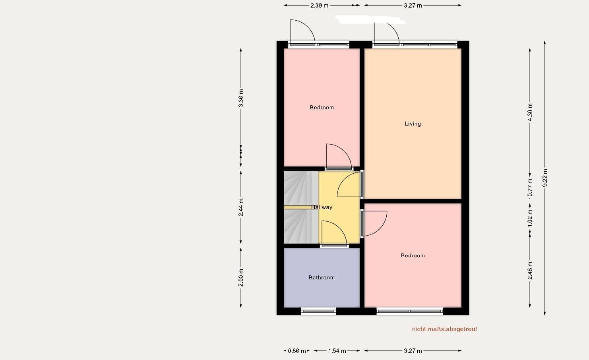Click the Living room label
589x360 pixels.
pyautogui.click(x=413, y=124)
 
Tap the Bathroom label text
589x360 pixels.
pyautogui.click(x=322, y=277)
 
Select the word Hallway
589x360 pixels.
pyautogui.click(x=322, y=207)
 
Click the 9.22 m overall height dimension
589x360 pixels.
pyautogui.click(x=545, y=178)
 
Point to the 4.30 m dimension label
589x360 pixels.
pyautogui.click(x=530, y=112)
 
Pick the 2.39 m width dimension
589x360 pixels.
pyautogui.click(x=320, y=6)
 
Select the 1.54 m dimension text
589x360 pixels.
pyautogui.click(x=337, y=350)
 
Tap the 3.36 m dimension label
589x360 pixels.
pyautogui.click(x=241, y=98)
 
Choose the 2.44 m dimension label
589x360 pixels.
pyautogui.click(x=241, y=207)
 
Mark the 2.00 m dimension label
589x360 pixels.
pyautogui.click(x=241, y=277)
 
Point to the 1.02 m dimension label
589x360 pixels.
pyautogui.click(x=530, y=218)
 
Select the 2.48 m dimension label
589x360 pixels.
pyautogui.click(x=530, y=270)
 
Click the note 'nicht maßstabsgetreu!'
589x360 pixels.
pyautogui.click(x=444, y=329)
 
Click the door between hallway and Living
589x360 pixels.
pyautogui.click(x=350, y=185)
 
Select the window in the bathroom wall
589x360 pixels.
pyautogui.click(x=319, y=311)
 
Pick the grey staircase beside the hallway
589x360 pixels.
pyautogui.click(x=301, y=207)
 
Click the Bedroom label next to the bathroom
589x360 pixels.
pyautogui.click(x=413, y=255)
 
